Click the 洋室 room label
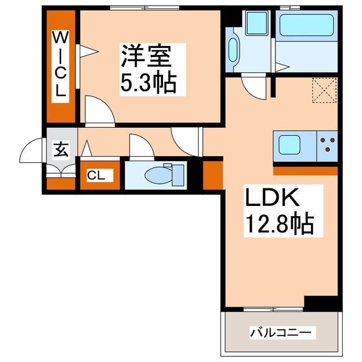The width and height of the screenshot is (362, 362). (144, 57)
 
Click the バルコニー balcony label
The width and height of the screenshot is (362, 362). (281, 333)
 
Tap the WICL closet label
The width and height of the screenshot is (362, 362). (60, 65)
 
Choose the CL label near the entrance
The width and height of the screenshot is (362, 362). (96, 175)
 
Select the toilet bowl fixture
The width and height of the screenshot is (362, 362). (163, 175)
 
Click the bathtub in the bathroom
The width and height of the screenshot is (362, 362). (306, 25)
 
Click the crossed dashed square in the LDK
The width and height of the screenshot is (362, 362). (324, 90)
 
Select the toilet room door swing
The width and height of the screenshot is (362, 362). (140, 146)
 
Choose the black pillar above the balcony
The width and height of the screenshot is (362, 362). (321, 303)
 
